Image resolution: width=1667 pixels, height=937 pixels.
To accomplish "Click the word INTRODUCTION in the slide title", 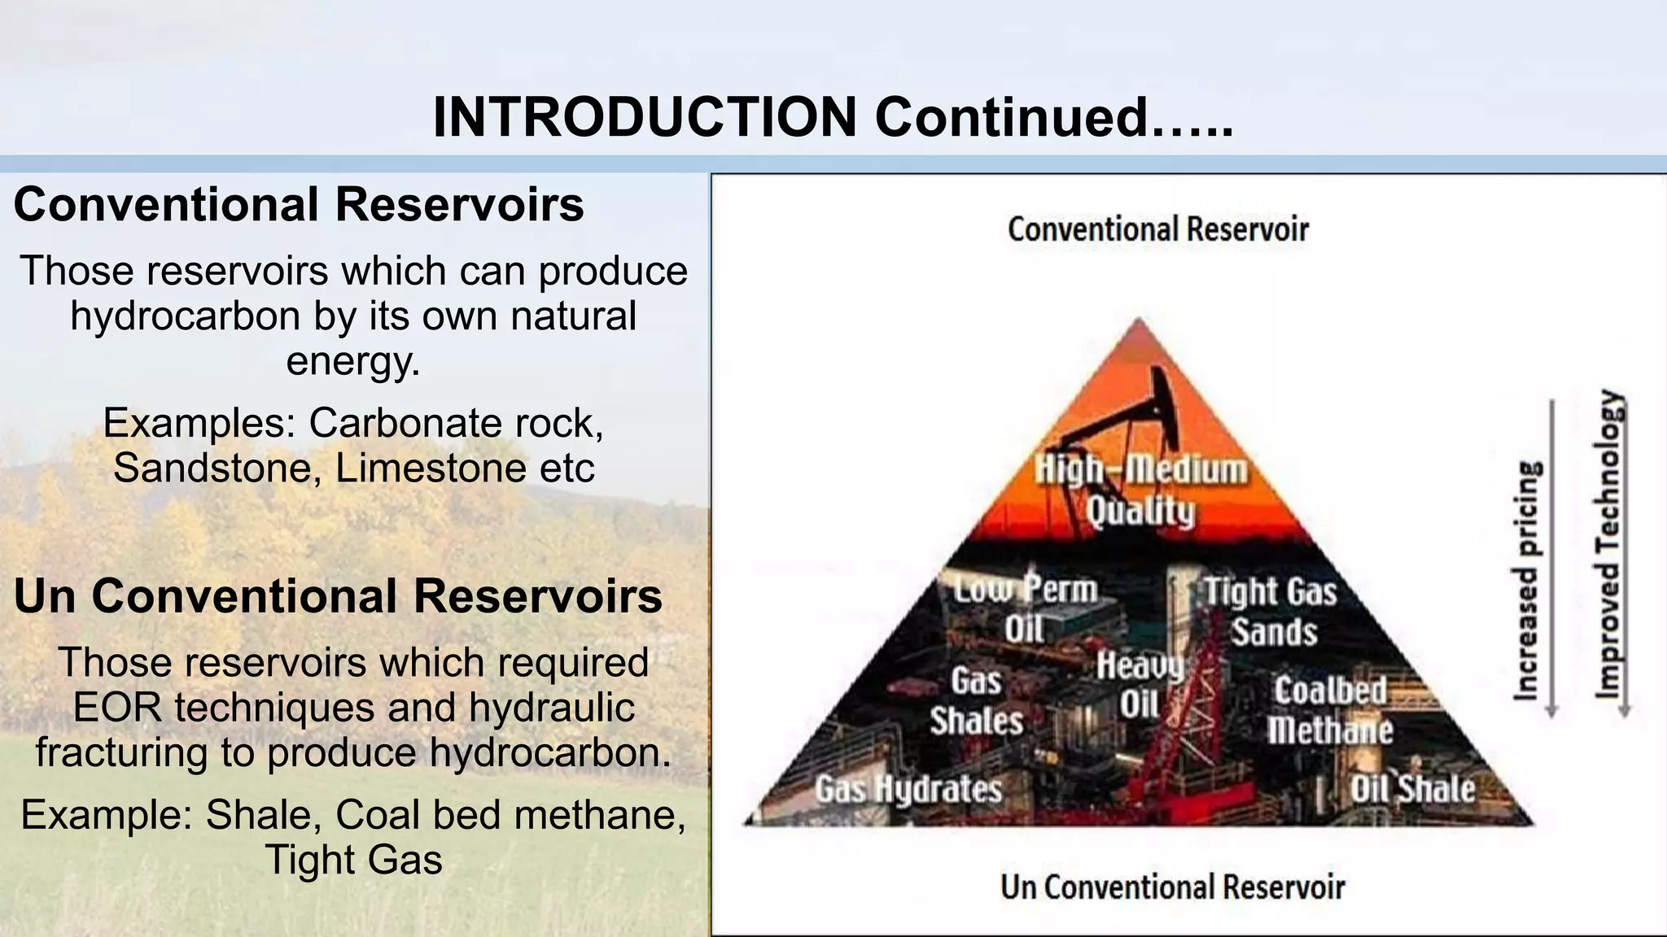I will pyautogui.click(x=645, y=117).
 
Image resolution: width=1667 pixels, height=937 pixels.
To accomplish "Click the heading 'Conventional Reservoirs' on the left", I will pyautogui.click(x=299, y=204).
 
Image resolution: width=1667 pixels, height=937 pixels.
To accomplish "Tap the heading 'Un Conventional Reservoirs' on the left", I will pyautogui.click(x=338, y=596).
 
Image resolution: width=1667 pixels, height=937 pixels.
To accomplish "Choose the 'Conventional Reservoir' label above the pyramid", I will pyautogui.click(x=1157, y=230).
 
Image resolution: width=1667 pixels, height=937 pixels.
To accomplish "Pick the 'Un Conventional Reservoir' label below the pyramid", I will pyautogui.click(x=1172, y=887).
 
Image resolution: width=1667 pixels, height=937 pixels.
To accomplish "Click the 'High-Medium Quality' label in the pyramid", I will pyautogui.click(x=1140, y=490).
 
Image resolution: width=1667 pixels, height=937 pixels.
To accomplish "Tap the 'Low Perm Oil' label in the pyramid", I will pyautogui.click(x=1026, y=608).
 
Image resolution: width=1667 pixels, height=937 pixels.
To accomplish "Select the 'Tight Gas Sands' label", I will pyautogui.click(x=1271, y=612).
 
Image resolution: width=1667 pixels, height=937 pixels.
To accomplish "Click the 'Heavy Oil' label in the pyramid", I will pyautogui.click(x=1140, y=685).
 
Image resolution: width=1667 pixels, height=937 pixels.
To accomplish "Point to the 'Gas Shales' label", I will pyautogui.click(x=976, y=701).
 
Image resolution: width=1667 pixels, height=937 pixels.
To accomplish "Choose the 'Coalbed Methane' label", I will pyautogui.click(x=1330, y=710).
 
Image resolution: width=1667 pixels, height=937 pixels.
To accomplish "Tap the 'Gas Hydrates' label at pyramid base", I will pyautogui.click(x=908, y=789).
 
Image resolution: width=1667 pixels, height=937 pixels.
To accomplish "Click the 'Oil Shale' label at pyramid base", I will pyautogui.click(x=1412, y=789).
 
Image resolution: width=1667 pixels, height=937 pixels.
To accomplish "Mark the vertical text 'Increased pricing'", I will pyautogui.click(x=1527, y=581).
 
